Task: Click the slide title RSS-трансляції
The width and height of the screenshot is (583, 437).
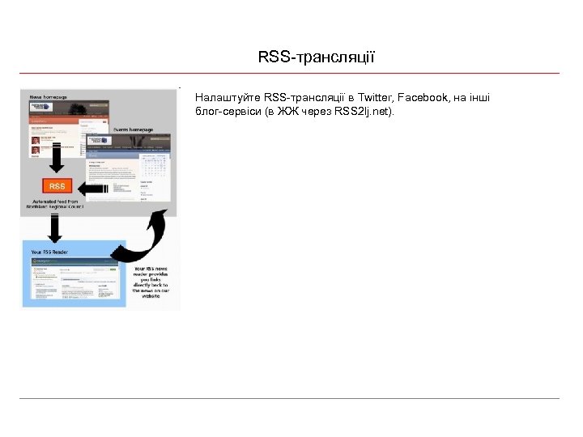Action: coord(316,57)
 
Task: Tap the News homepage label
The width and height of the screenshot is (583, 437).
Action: coord(49,96)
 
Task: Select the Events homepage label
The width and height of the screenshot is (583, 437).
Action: coord(133,129)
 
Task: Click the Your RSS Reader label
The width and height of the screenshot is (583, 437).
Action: coord(49,252)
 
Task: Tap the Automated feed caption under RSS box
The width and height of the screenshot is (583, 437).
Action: coord(56,204)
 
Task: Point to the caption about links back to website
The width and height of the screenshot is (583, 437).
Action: coord(151,281)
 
